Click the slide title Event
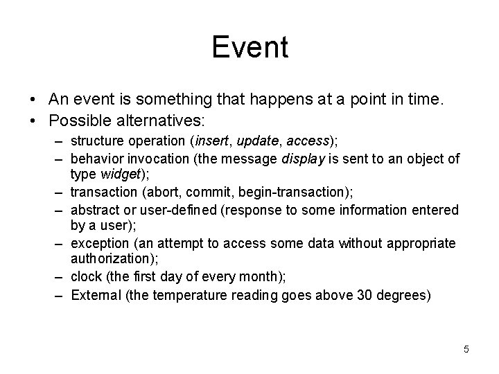coord(249,47)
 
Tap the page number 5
coord(466,349)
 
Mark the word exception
coord(100,244)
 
